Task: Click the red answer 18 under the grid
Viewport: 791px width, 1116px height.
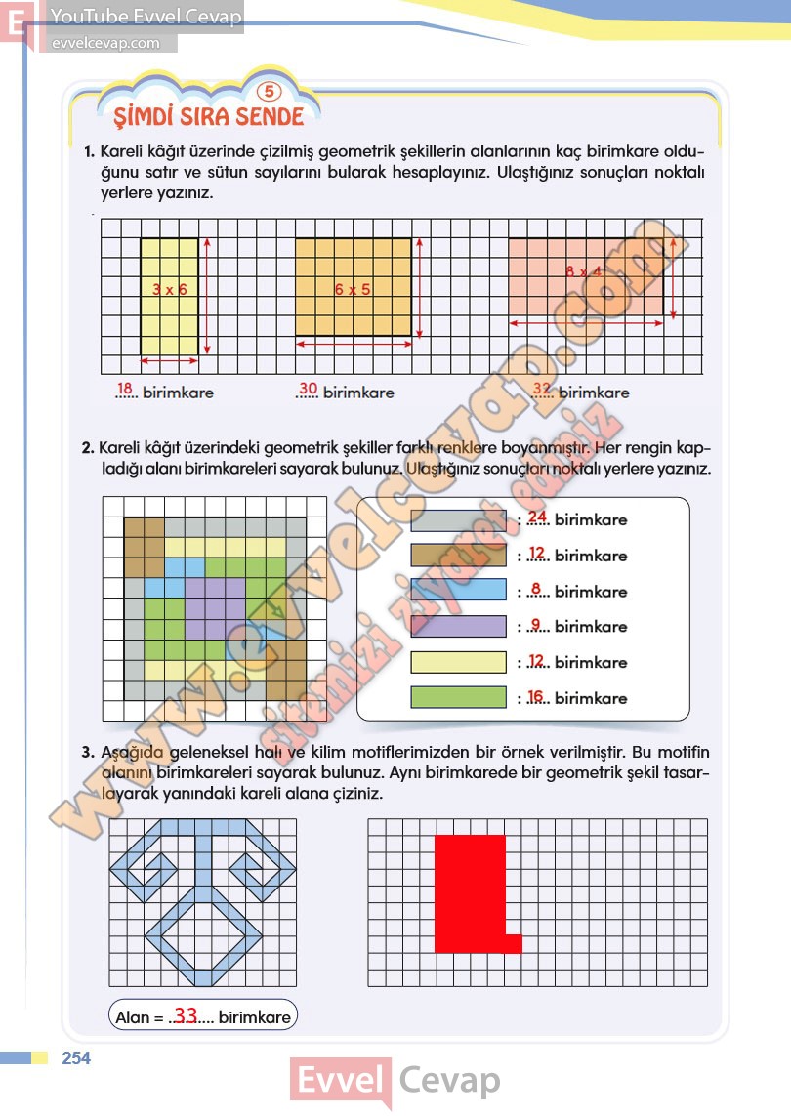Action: [x=124, y=388]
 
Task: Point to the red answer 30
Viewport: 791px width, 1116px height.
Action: [x=308, y=388]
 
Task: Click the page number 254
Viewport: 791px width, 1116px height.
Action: [x=76, y=1058]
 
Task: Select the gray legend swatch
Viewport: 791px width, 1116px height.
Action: [x=458, y=519]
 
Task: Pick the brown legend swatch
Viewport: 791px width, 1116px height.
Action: [x=458, y=556]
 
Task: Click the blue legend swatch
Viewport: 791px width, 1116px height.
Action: [x=458, y=591]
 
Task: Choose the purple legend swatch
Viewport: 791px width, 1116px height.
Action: [x=458, y=626]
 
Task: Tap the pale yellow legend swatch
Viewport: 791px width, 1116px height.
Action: [x=458, y=662]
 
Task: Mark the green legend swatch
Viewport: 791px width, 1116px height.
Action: [x=458, y=697]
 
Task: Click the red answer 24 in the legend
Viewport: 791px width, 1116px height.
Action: [x=537, y=517]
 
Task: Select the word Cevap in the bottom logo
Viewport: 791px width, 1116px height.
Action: [x=450, y=1081]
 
